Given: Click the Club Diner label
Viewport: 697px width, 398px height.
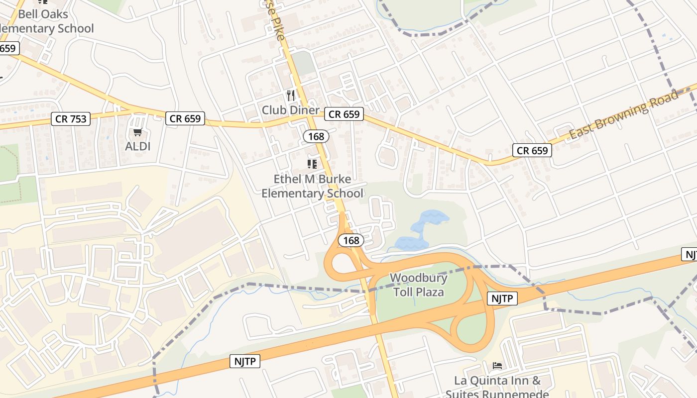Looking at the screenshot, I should [290, 110].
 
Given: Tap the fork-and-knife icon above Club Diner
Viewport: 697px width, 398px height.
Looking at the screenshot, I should [291, 95].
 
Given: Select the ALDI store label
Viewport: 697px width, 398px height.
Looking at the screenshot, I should [138, 146].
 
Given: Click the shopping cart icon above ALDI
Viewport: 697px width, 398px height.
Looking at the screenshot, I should [138, 132].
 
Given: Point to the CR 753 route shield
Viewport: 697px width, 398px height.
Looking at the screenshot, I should [71, 119].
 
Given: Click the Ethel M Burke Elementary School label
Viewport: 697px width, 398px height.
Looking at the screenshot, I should [313, 186].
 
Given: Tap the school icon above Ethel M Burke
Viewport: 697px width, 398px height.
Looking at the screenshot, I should [312, 164].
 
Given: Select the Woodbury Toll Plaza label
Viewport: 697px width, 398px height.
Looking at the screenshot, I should [419, 285].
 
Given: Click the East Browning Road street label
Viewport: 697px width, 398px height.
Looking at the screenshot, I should [623, 115].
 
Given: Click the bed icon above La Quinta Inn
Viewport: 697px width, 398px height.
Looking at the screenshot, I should [497, 366].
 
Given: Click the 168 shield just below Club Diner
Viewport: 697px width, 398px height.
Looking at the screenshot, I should [316, 136].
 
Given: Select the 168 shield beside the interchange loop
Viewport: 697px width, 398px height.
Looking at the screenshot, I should [351, 240].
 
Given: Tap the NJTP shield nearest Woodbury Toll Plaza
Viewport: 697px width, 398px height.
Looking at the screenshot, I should [502, 298].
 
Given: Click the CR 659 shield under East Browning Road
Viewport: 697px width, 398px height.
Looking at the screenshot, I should [532, 150].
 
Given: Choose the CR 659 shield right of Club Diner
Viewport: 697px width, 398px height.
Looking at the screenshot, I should [345, 114].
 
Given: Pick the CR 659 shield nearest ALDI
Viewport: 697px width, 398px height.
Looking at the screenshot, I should [185, 118].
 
